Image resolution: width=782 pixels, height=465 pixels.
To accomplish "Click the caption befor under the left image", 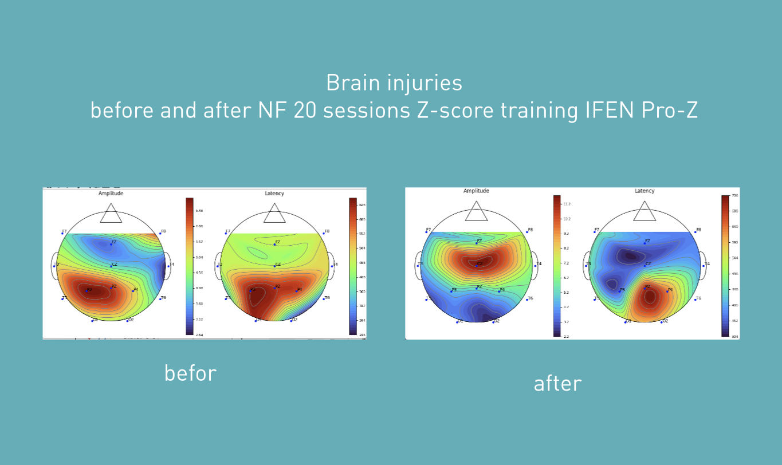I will click(x=190, y=373).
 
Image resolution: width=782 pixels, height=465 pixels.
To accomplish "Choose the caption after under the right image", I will click(x=557, y=384).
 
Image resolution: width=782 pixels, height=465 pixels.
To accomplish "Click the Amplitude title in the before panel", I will click(x=111, y=194).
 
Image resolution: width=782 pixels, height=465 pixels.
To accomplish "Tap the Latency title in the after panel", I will click(x=645, y=191).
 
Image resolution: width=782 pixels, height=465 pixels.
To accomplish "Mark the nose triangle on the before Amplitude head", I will click(x=111, y=214).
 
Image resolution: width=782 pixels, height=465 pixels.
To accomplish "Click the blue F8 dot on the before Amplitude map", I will click(x=160, y=233).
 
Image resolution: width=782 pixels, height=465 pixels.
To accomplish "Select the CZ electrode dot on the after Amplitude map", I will click(x=477, y=265).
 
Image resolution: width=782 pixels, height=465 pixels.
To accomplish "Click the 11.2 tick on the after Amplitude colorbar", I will click(x=567, y=204).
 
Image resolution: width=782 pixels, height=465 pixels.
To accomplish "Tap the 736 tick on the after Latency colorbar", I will click(x=734, y=196).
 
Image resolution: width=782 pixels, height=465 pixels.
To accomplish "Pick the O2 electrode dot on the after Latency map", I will click(x=661, y=322).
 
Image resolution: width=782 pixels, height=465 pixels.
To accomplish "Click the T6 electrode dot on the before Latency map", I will click(x=324, y=299).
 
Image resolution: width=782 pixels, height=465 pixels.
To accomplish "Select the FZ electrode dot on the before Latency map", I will click(x=274, y=244).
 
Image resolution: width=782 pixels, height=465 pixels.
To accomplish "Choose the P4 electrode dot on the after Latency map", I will click(x=667, y=291).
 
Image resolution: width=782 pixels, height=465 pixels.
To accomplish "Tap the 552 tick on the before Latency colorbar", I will click(x=362, y=234).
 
